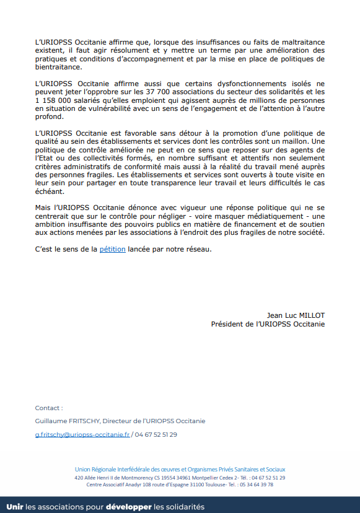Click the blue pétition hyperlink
click(x=112, y=249)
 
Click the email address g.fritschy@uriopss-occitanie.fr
click(x=82, y=434)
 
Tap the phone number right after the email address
click(x=156, y=434)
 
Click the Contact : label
click(x=49, y=408)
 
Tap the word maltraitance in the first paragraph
click(x=299, y=42)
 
